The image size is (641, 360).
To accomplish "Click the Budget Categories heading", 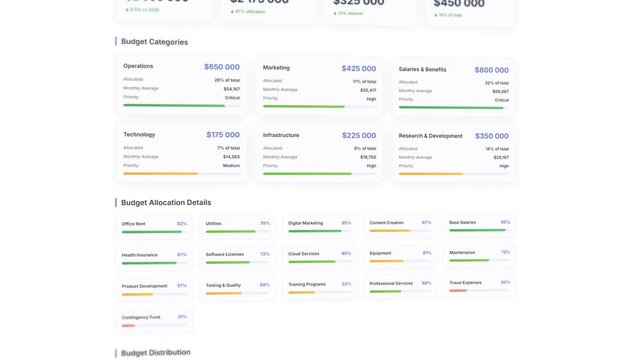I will click(x=154, y=42).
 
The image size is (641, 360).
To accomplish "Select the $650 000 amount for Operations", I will click(x=221, y=67).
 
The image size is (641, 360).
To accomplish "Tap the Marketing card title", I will click(x=276, y=68).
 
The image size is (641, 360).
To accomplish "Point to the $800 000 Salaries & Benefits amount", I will click(x=491, y=70).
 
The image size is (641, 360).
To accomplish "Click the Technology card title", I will click(x=139, y=134).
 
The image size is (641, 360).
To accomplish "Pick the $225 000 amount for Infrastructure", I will click(x=359, y=135).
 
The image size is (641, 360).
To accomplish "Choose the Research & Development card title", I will click(x=430, y=136).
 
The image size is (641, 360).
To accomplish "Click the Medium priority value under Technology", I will click(x=231, y=165).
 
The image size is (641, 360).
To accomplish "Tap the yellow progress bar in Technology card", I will click(x=160, y=174).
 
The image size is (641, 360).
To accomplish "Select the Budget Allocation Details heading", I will click(x=166, y=202).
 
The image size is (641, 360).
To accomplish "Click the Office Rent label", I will click(x=133, y=224).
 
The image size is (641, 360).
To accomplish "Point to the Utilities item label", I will click(x=214, y=223).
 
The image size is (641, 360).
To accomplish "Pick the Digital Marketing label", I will click(x=305, y=223).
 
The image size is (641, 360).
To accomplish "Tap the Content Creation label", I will click(x=386, y=222).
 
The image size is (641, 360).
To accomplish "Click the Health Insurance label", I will click(x=139, y=255).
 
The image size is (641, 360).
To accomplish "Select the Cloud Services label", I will click(x=304, y=254).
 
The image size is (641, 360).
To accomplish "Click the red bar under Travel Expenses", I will click(x=458, y=291).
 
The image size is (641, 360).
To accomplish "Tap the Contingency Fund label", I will click(x=140, y=317).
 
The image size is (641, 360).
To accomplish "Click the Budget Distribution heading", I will click(x=155, y=352).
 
